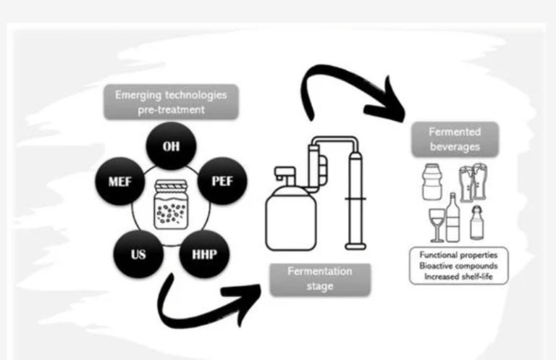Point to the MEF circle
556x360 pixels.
click(119, 181)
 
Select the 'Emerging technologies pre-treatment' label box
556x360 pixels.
click(171, 102)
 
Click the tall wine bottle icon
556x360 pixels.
click(452, 217)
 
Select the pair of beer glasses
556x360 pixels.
click(473, 182)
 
